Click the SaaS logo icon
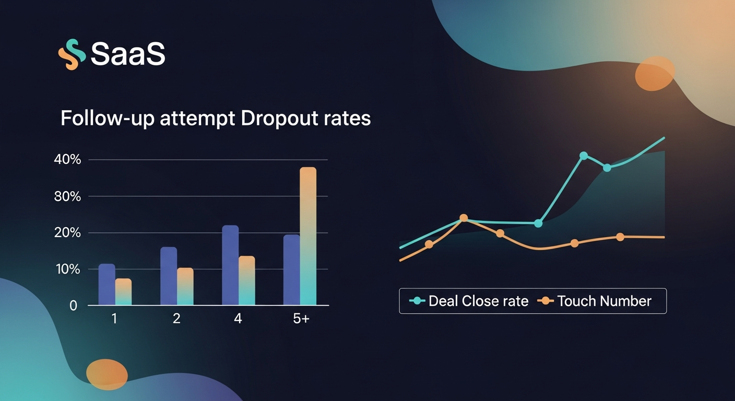tap(72, 54)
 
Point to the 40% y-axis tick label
tap(67, 160)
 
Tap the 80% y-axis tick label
tap(67, 197)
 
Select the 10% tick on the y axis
tap(67, 269)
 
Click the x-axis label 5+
tap(301, 319)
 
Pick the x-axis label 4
tap(238, 319)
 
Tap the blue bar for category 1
tap(106, 285)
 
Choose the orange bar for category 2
tap(185, 287)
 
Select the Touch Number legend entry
tap(597, 301)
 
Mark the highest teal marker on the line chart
tap(584, 156)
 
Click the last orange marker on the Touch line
tap(620, 237)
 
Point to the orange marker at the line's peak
tap(464, 218)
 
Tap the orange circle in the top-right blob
tap(655, 74)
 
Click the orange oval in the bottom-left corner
tap(107, 374)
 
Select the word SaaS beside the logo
tap(128, 53)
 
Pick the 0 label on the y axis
tap(73, 306)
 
